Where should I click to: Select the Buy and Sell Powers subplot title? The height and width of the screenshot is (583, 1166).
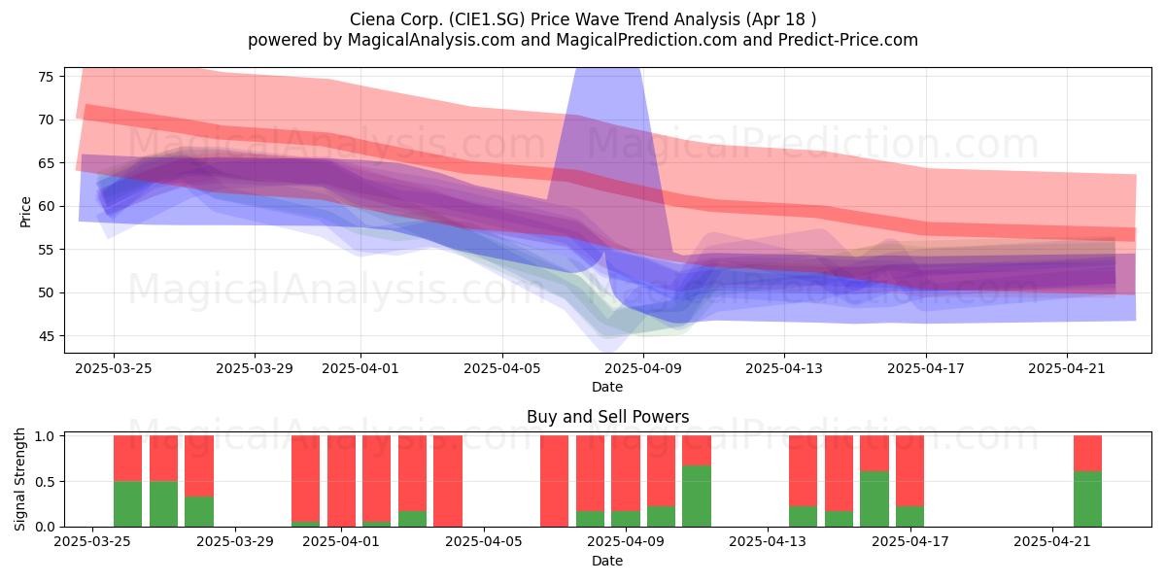point(607,417)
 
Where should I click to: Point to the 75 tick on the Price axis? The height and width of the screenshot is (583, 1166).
point(47,77)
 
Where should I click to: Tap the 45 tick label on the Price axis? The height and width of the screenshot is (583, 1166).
point(47,336)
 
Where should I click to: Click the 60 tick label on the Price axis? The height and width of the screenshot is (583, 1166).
point(47,206)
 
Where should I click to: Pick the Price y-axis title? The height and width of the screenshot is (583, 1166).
point(25,212)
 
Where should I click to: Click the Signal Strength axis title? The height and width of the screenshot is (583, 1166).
point(19,479)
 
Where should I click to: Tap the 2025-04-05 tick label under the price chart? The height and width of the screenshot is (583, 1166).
point(502,368)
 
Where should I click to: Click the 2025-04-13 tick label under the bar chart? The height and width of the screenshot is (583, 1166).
point(768,541)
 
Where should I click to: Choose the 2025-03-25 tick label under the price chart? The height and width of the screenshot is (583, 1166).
point(114,368)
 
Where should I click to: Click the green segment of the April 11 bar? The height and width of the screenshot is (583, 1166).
point(697,497)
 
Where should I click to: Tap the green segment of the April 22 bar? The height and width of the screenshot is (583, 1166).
point(1088,499)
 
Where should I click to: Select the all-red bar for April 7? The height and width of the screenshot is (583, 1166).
point(555,481)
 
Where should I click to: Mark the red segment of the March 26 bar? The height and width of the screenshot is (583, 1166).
point(163,458)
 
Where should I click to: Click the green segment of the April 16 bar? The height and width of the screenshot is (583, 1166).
point(874,499)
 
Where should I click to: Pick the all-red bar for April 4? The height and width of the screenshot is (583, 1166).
point(448,481)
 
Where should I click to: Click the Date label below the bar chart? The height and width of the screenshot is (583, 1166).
point(607,561)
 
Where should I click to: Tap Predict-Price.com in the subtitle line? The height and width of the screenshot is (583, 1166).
point(848,40)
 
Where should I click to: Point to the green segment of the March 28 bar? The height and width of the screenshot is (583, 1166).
point(199,512)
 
